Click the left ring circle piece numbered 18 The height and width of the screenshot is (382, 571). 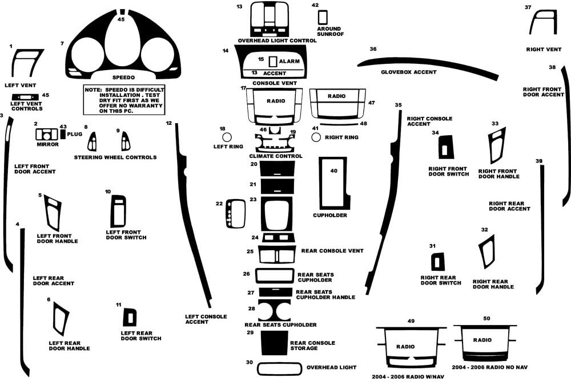pos(227,137)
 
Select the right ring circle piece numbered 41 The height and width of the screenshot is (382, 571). pos(316,137)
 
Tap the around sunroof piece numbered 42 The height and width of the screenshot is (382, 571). pos(323,17)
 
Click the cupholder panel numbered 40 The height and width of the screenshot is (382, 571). pos(333,182)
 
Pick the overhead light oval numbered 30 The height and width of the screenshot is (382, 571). pos(279,368)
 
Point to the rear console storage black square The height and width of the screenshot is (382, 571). pos(274,343)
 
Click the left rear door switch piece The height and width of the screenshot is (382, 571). pos(130,317)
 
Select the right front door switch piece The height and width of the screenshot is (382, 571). pos(445,147)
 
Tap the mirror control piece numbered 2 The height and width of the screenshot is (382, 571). pos(46,135)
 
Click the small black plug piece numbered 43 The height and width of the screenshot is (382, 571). pos(63,135)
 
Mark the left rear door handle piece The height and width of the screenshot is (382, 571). pos(60,319)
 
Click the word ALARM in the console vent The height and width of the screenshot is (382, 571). pos(290,61)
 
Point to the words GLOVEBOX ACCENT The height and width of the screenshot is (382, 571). pos(409,72)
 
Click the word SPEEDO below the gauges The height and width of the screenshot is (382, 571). pos(123,77)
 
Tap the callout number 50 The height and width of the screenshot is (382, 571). pos(486,318)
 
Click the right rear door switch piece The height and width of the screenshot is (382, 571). pos(437,262)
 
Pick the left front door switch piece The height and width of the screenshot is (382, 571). pos(119,211)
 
